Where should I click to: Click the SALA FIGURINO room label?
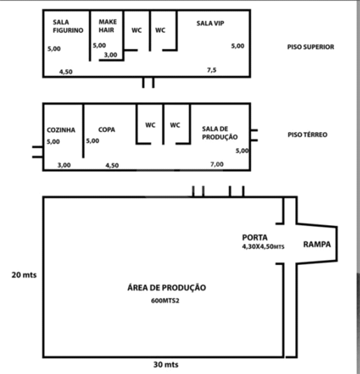tap(68, 27)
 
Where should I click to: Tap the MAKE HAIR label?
tap(108, 26)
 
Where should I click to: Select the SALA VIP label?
tap(210, 23)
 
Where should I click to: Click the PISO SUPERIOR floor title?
tap(310, 47)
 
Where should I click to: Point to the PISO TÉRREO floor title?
tap(308, 135)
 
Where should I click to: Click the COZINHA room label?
tap(61, 130)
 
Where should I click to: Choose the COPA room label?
tap(107, 130)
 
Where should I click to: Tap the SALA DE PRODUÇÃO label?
tap(219, 133)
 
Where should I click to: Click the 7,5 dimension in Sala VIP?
tap(212, 70)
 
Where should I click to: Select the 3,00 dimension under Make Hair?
tap(110, 55)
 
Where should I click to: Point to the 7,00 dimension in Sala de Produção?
tap(217, 164)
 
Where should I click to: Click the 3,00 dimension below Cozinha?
tap(64, 165)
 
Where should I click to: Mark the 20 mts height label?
tap(24, 275)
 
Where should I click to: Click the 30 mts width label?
tap(166, 365)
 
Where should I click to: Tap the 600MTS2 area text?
tap(165, 301)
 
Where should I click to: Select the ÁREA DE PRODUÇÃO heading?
tap(166, 287)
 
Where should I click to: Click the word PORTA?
tap(254, 238)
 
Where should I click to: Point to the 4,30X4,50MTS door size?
tap(263, 247)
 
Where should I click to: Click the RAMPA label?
tap(317, 245)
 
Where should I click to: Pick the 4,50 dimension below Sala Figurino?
tap(66, 72)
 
